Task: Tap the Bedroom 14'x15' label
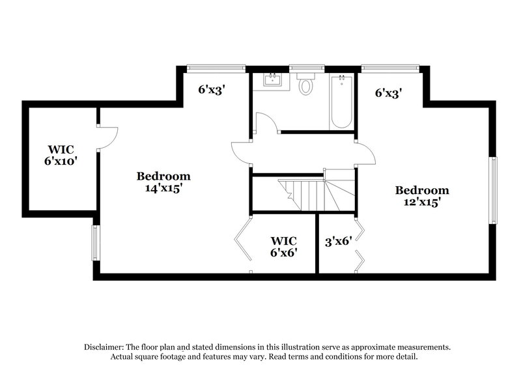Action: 163,182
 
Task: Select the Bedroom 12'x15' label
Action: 423,196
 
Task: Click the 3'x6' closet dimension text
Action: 338,241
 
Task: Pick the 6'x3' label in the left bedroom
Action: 211,91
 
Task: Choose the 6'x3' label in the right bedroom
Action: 387,93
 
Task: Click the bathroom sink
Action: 272,81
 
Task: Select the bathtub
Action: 342,102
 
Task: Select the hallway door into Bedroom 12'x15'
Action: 366,154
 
